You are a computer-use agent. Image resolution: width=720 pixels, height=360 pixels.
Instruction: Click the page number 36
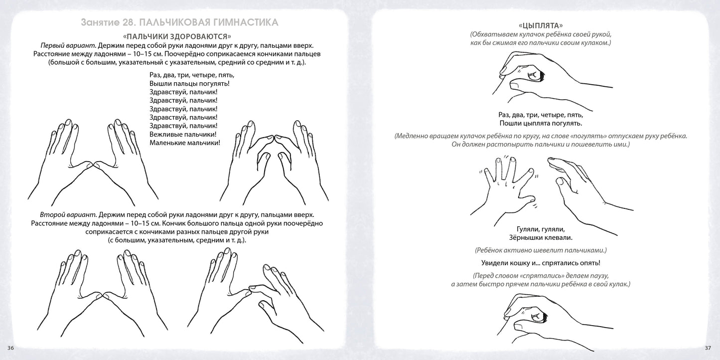(11, 348)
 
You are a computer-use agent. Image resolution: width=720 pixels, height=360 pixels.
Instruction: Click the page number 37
(709, 348)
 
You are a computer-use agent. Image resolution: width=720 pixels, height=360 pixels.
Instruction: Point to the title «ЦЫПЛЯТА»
(541, 25)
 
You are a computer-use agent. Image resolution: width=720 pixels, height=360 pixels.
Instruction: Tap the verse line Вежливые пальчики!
(183, 134)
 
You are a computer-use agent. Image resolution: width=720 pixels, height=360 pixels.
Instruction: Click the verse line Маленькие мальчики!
(184, 143)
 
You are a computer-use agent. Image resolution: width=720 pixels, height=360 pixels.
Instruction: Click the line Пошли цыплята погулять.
(541, 123)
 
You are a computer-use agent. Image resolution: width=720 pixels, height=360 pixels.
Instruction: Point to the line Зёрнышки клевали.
(541, 237)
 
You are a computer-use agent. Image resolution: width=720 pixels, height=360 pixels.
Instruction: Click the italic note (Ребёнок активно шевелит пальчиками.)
(541, 250)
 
